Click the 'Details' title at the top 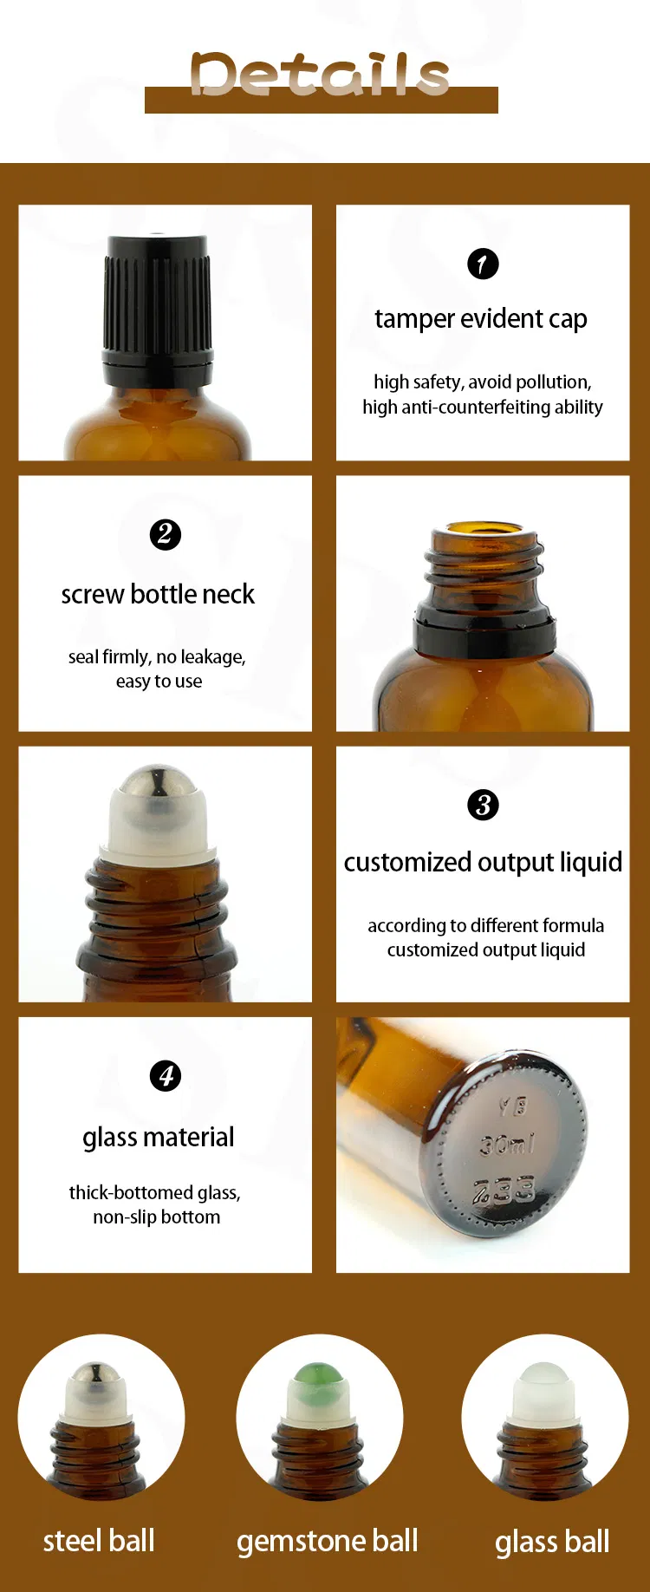[x=320, y=75]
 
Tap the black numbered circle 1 [x=483, y=264]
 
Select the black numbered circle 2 [x=166, y=534]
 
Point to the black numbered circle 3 [x=483, y=805]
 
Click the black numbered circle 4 [x=166, y=1076]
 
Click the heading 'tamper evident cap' [x=481, y=319]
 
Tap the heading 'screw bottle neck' [x=158, y=595]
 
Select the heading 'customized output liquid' [x=483, y=863]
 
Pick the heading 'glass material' [x=159, y=1138]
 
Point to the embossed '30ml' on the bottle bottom [x=507, y=1145]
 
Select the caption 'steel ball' [x=99, y=1541]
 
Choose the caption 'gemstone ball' [x=328, y=1541]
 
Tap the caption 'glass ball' [x=552, y=1542]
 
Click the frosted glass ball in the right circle [x=543, y=1378]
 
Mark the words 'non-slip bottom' [x=157, y=1217]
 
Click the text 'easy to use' [x=159, y=682]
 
